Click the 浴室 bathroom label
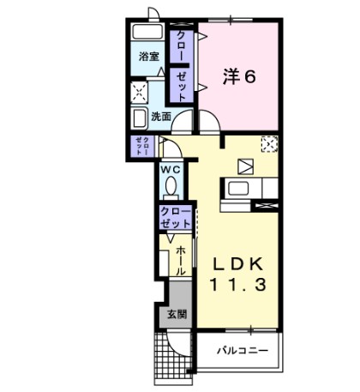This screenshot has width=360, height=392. [148, 57]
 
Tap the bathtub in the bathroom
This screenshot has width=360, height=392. [148, 37]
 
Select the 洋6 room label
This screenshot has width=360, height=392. [240, 77]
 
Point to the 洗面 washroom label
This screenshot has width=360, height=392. [160, 116]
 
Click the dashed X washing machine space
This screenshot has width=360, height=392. [139, 93]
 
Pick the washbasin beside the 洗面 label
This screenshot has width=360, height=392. [140, 118]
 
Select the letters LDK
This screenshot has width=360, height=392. [241, 263]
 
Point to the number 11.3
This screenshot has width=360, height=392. [241, 283]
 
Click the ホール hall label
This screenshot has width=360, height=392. [182, 260]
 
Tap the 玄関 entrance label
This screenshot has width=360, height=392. [175, 314]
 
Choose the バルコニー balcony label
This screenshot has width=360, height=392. [242, 351]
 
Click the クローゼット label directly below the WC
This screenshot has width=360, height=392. [175, 216]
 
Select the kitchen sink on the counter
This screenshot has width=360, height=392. [237, 188]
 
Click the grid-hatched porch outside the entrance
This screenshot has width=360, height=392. [168, 357]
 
